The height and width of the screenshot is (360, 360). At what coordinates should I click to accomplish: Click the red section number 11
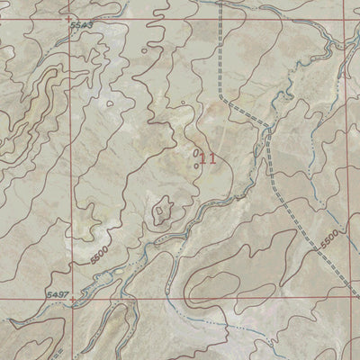209,159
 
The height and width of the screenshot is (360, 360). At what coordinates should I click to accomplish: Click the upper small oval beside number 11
196,155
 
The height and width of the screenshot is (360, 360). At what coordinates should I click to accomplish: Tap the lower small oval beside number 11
196,165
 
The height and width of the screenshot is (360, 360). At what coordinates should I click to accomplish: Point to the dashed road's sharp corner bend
225,102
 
